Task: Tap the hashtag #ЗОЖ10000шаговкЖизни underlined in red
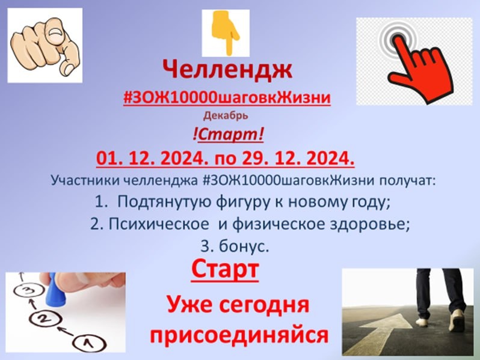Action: pos(227,98)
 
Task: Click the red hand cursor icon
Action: pos(415,60)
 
